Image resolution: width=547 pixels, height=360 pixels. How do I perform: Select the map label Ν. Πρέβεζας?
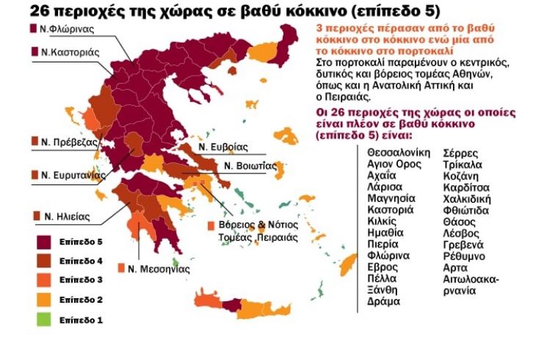70,142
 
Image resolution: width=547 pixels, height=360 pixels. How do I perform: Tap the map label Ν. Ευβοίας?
223,146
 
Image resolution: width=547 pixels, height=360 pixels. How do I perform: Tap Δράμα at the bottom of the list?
383,301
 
